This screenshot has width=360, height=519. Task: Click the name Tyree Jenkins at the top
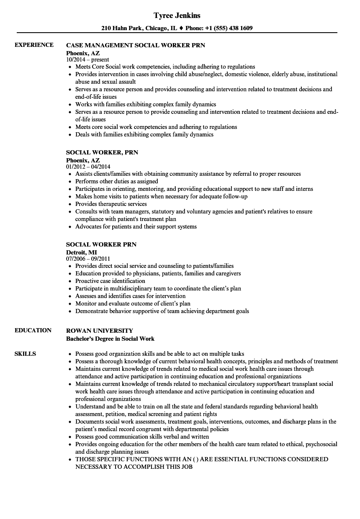tap(177, 15)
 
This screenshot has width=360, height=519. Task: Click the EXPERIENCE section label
tap(34, 45)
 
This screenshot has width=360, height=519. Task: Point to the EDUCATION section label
tap(33, 330)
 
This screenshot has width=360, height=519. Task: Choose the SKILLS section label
tap(25, 354)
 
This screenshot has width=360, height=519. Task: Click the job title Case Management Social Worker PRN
tap(136, 45)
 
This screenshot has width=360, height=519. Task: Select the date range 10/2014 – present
tap(87, 59)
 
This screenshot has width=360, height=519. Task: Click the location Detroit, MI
tap(82, 252)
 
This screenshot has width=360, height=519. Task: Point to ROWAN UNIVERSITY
tap(100, 330)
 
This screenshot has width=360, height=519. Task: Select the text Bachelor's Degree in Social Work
tap(110, 338)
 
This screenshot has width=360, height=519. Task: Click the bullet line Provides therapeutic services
tap(111, 204)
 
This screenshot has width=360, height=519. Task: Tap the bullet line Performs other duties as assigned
tap(116, 181)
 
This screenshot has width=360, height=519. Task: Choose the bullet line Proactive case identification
tap(110, 281)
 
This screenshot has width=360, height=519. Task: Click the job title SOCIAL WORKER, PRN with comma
tap(102, 152)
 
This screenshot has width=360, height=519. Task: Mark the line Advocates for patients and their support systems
tap(136, 226)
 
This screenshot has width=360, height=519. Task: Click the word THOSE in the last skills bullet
tap(85, 459)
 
